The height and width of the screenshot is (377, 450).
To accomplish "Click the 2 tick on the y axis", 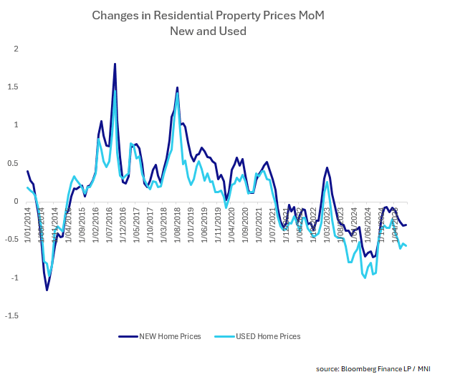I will (14, 49).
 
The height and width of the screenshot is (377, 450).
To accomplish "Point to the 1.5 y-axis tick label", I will (12, 87).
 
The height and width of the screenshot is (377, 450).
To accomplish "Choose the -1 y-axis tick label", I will (13, 278).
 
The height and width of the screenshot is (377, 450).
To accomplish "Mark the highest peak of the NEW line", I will (115, 64).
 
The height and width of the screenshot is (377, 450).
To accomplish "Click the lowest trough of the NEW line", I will (47, 290).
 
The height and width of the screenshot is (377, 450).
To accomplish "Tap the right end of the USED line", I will (407, 246).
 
